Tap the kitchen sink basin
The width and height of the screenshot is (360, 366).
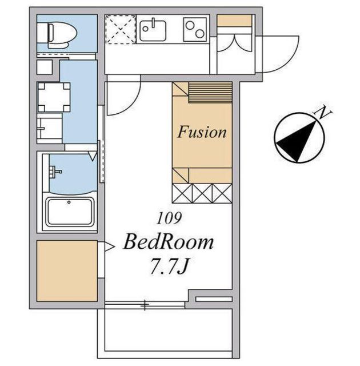click(153, 30)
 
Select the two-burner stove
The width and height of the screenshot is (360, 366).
click(195, 29)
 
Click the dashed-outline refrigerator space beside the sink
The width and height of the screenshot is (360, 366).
click(121, 29)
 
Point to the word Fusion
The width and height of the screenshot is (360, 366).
click(202, 132)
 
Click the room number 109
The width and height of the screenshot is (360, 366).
click(169, 218)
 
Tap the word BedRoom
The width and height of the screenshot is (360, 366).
click(169, 242)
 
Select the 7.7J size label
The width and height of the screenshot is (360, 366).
click(169, 265)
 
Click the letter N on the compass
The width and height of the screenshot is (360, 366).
click(322, 112)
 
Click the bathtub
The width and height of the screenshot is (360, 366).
click(70, 212)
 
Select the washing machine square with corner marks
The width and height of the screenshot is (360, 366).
click(54, 97)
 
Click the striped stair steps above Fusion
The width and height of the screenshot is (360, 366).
click(210, 92)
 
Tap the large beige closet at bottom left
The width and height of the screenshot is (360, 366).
click(67, 271)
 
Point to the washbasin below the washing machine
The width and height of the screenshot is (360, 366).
click(50, 128)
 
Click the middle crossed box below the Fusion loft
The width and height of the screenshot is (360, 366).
click(202, 193)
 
